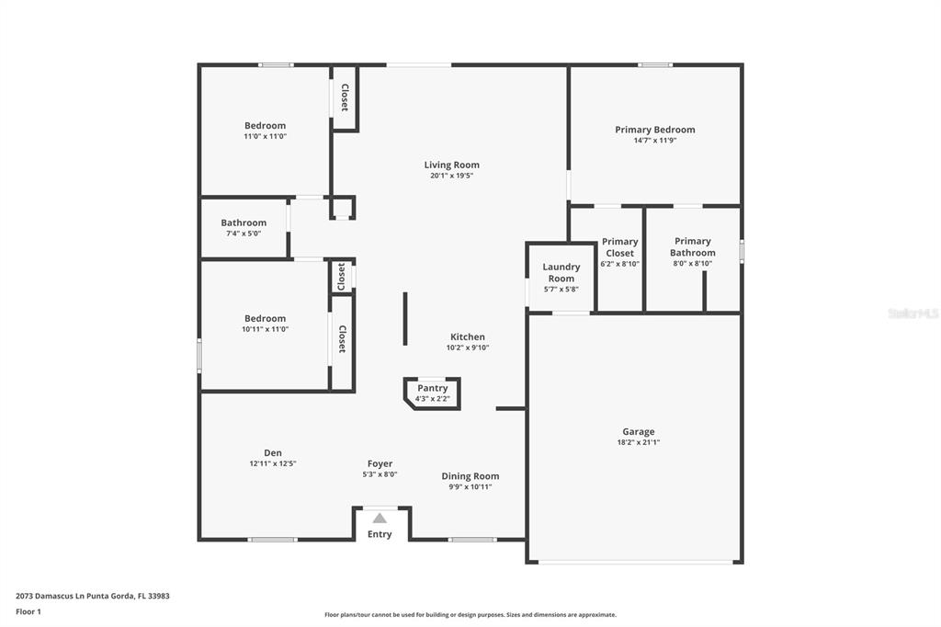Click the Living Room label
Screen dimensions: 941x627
[x=451, y=165]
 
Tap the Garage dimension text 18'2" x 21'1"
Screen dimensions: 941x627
[x=639, y=442]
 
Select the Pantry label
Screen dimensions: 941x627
[x=433, y=388]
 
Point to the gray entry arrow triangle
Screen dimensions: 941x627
[x=380, y=519]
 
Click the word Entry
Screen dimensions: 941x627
[x=380, y=534]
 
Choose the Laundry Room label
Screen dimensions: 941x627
[x=561, y=273]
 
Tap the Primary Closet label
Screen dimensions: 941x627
[x=620, y=247]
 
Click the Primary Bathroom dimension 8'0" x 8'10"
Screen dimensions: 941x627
[x=693, y=264]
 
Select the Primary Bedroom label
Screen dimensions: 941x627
[x=654, y=130]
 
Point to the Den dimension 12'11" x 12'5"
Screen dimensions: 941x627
[x=273, y=463]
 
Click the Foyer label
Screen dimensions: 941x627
[x=380, y=463]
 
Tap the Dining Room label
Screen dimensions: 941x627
[x=470, y=476]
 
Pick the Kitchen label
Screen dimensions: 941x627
[x=468, y=336]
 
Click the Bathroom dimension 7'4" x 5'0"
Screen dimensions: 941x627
[x=244, y=234]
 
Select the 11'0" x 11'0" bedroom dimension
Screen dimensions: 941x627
[x=266, y=136]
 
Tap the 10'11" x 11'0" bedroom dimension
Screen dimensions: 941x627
[x=266, y=329]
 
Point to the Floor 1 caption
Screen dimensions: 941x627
[x=28, y=612]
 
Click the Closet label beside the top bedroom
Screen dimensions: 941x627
[x=345, y=97]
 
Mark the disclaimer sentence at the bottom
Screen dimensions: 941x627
[x=470, y=615]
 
